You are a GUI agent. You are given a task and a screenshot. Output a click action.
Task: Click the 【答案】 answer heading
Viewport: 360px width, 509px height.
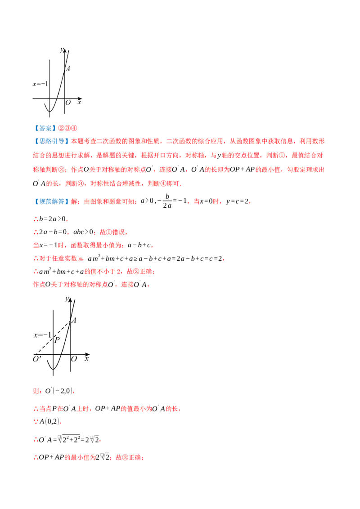(x=45, y=128)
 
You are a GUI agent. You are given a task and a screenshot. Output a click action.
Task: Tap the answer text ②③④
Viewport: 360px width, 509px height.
(x=67, y=128)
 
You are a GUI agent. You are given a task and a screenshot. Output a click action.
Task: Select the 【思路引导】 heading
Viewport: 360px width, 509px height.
(x=51, y=141)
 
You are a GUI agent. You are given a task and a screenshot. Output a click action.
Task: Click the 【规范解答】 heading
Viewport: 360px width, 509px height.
(x=51, y=201)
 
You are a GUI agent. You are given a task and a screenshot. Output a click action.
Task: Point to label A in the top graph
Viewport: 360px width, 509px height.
(x=68, y=69)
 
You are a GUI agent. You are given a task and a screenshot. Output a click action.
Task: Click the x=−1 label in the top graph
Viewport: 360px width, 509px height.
(x=40, y=84)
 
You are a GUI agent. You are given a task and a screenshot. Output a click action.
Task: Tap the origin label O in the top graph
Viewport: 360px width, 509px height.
(x=68, y=103)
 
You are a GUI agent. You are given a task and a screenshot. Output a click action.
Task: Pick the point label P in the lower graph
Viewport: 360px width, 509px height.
(x=57, y=340)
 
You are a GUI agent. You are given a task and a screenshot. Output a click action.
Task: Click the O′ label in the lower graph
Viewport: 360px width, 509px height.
(x=37, y=359)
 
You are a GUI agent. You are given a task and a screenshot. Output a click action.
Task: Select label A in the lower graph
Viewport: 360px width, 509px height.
(x=74, y=321)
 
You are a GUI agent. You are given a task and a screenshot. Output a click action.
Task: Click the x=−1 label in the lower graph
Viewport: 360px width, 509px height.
(x=43, y=335)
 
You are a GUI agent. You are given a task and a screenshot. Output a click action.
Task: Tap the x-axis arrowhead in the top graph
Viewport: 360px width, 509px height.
(x=81, y=98)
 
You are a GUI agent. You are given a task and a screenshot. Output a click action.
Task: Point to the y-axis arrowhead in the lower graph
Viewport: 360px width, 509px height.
(x=70, y=299)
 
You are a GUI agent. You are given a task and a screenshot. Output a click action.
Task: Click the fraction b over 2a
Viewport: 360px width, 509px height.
(x=167, y=201)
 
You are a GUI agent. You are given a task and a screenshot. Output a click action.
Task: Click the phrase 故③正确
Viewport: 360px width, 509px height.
(x=129, y=457)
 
